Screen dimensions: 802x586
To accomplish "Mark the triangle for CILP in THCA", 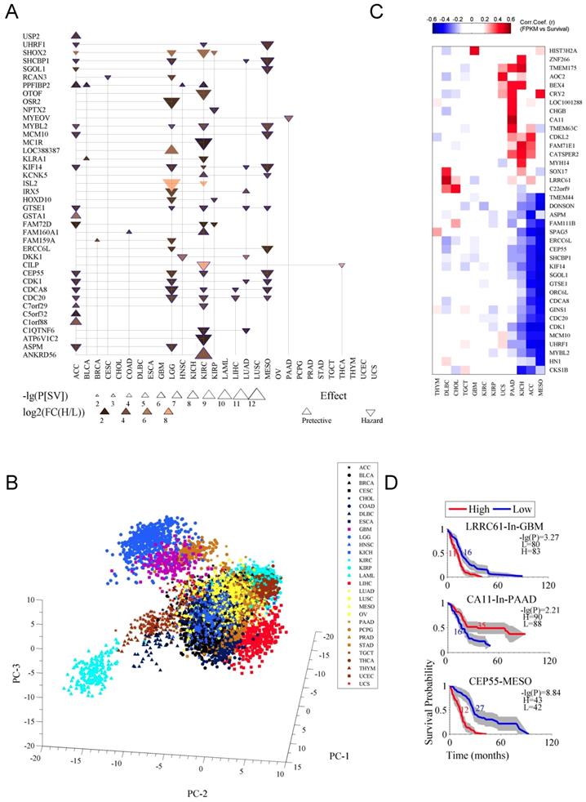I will coord(342,265).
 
